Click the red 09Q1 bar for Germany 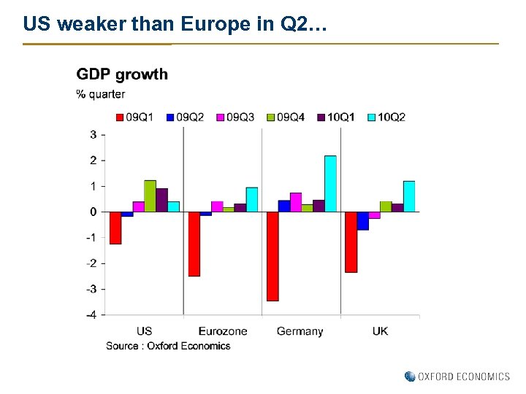tap(272, 256)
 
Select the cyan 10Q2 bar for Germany tap(330, 184)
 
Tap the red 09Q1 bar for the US tap(115, 228)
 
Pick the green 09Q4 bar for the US tap(150, 196)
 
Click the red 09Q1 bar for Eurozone tap(194, 244)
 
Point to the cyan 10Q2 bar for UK tap(409, 196)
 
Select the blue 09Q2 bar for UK tap(363, 220)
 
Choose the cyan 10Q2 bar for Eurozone tap(252, 199)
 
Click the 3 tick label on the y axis tap(94, 134)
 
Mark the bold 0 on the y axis tap(93, 212)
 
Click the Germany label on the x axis tap(300, 331)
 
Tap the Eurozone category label tap(223, 331)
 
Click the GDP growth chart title tap(122, 74)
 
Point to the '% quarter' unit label tap(101, 94)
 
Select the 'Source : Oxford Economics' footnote tap(168, 346)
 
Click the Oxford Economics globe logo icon tap(410, 376)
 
